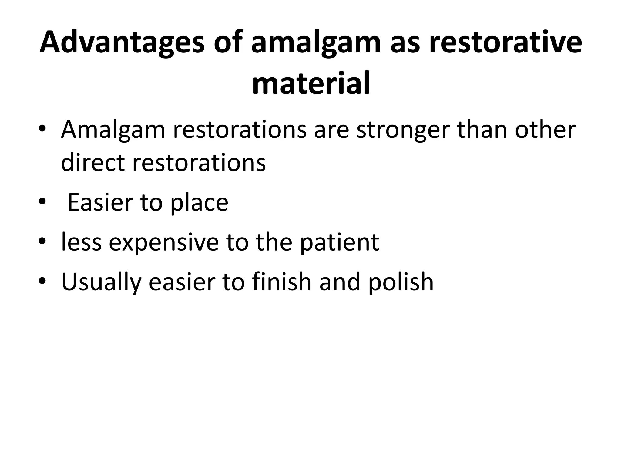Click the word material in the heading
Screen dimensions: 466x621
pos(311,83)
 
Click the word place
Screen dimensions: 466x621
pos(199,203)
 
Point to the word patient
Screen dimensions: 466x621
pos(339,243)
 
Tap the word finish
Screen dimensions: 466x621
pos(282,282)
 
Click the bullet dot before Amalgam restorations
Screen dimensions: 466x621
pos(42,130)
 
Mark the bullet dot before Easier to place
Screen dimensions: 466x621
pos(42,201)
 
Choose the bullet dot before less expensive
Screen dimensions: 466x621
pos(42,241)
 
